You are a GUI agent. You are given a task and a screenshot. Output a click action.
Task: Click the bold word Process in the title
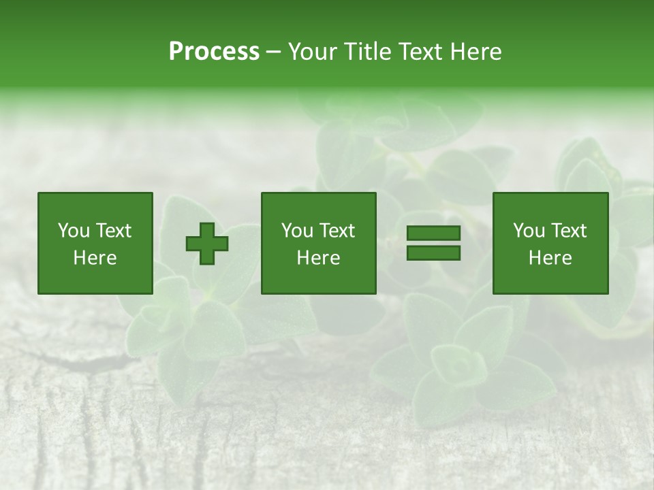pos(214,51)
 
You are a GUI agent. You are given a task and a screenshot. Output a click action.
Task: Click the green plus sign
pos(207,243)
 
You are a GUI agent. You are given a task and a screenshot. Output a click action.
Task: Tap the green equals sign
pos(433,243)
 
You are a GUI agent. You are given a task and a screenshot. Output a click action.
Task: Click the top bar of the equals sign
pos(433,233)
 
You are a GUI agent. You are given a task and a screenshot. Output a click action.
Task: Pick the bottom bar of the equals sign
pos(433,252)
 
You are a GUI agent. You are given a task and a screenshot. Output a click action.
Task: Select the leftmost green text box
pos(95,243)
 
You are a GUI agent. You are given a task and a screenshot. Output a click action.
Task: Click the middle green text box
pos(318,243)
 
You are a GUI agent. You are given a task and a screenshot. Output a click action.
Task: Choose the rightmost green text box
pos(550,243)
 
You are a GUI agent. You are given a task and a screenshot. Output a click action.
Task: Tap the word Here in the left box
pos(95,258)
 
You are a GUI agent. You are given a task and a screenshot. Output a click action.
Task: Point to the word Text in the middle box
pos(337,231)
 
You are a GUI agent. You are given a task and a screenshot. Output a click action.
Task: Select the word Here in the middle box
pos(318,258)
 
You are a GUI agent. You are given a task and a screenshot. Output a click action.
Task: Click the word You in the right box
pos(529,231)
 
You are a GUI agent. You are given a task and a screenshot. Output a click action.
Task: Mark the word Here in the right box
pos(550,258)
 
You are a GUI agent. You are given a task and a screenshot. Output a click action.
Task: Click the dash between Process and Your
pos(274,52)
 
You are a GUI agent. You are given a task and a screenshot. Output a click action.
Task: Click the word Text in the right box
pos(568,231)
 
